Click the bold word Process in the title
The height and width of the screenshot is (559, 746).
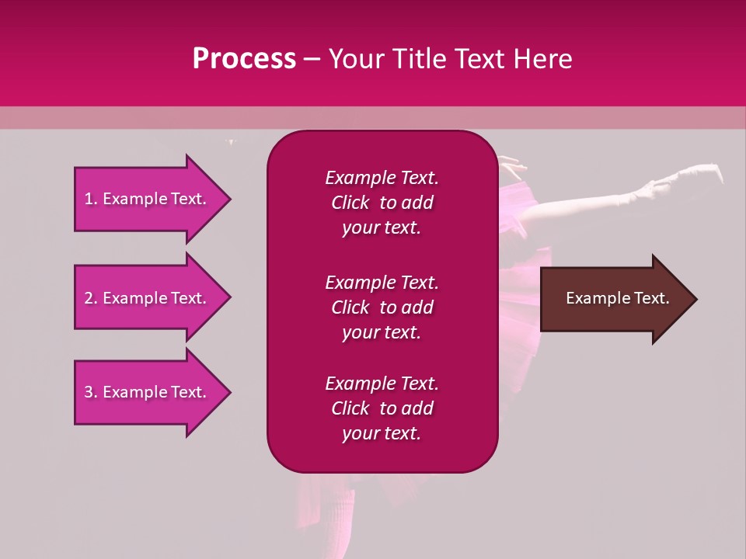244,59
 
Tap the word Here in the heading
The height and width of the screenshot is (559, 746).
541,59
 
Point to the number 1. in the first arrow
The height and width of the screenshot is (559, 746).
91,199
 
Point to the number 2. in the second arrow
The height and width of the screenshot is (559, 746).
91,298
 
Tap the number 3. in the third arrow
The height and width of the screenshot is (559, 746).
91,392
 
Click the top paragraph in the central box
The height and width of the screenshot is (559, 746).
382,203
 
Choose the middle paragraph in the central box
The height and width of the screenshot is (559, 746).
382,307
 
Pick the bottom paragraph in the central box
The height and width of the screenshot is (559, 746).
382,408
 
